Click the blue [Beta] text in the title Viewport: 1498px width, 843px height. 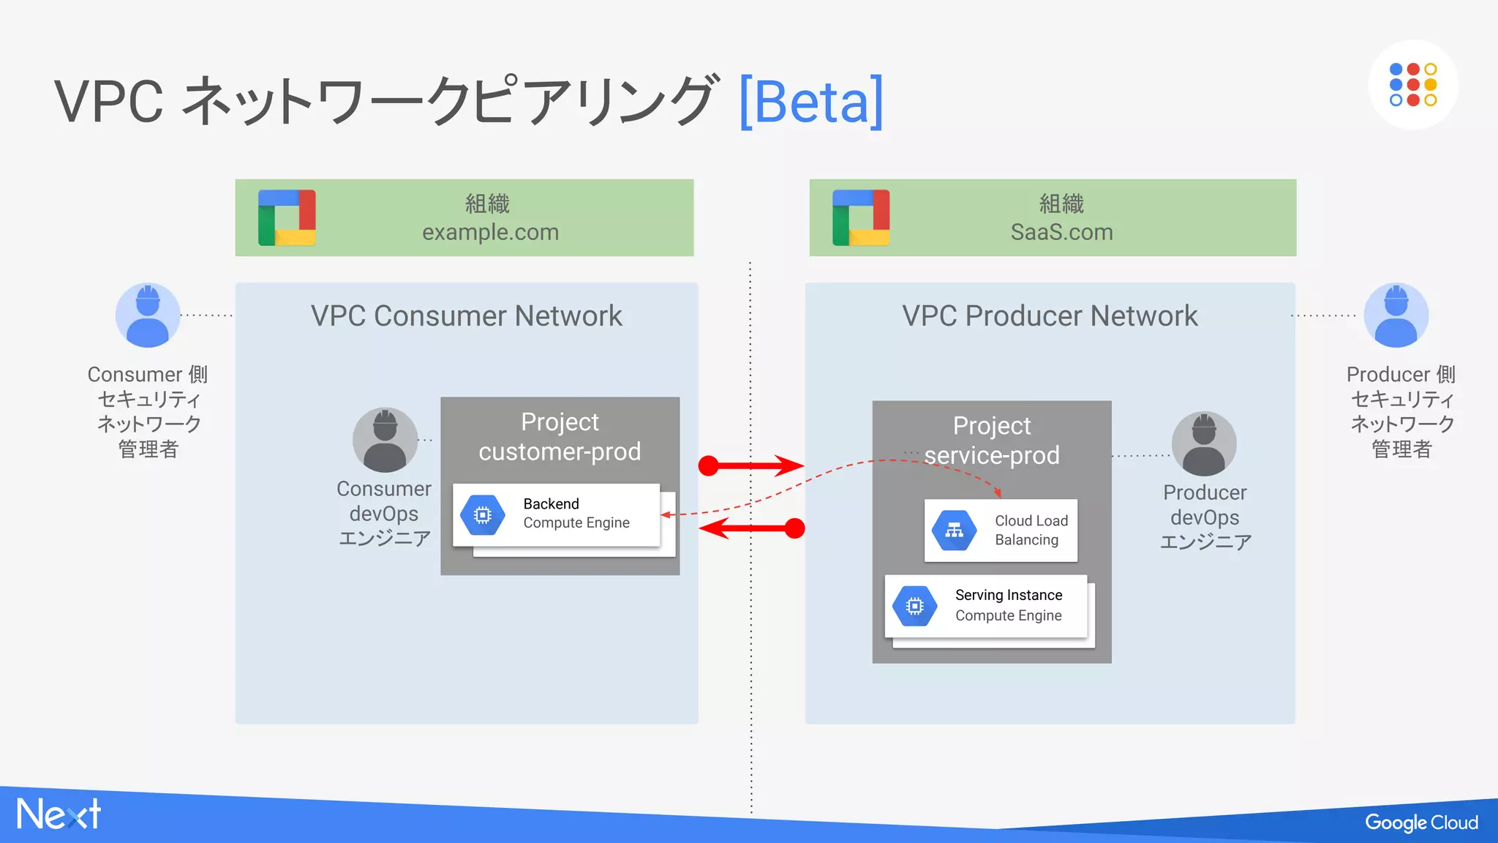[810, 102]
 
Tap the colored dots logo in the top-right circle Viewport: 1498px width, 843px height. [1412, 85]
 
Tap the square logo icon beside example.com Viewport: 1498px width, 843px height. [287, 218]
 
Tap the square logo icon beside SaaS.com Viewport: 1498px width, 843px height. [861, 218]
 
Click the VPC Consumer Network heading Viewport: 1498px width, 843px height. [466, 316]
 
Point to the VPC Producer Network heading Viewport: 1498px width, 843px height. [1050, 316]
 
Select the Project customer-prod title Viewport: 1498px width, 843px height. [560, 437]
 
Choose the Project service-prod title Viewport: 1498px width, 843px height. [991, 441]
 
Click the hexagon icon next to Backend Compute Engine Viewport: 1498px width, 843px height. [482, 515]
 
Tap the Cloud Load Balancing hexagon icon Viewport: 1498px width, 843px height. [954, 531]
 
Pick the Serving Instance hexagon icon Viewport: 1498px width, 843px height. [914, 606]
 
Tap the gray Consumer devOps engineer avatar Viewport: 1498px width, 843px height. [385, 440]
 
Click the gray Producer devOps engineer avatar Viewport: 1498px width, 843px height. [1204, 443]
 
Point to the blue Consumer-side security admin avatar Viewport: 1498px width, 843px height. [148, 315]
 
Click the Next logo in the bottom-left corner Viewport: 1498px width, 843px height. [59, 814]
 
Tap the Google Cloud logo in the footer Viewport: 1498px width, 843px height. [1420, 823]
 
